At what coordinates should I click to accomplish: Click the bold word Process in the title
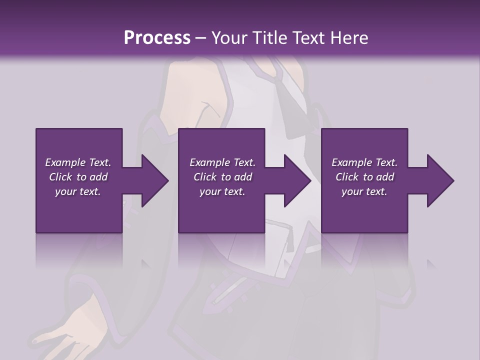click(157, 38)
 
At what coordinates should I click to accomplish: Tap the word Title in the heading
click(270, 38)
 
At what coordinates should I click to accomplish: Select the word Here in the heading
click(349, 38)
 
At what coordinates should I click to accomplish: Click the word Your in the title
click(228, 38)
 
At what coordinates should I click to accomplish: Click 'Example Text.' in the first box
click(78, 162)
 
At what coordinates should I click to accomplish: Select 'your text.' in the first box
click(78, 191)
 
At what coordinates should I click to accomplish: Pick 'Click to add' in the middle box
click(222, 177)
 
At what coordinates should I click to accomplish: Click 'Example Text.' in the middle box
click(222, 162)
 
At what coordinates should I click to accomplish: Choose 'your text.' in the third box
click(364, 191)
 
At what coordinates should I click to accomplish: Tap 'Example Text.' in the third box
click(364, 162)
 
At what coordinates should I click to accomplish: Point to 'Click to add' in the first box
click(78, 177)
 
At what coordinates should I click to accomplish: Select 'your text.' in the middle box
click(222, 191)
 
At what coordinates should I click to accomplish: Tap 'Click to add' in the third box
click(364, 177)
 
